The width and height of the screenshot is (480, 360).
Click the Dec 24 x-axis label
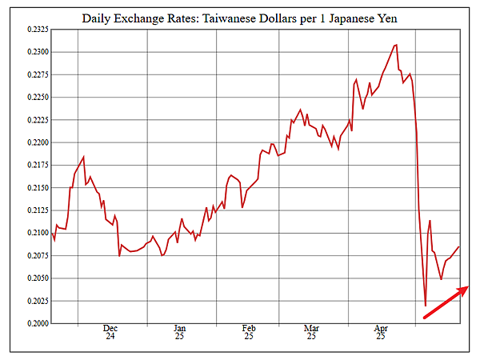110,332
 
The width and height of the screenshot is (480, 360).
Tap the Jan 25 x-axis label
179,332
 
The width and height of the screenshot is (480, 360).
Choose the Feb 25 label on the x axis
249,332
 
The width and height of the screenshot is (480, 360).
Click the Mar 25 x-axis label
311,332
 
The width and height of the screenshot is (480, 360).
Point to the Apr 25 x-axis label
381,332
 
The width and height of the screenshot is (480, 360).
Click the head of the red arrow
467,288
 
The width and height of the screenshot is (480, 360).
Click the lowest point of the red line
426,306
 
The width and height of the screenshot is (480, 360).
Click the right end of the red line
459,247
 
